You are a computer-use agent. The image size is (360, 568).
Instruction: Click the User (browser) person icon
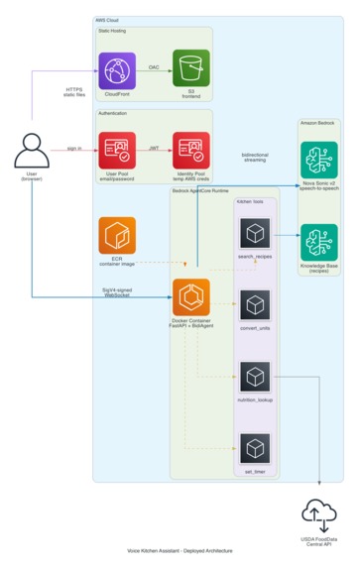point(32,152)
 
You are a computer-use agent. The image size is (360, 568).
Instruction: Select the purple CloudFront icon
point(117,68)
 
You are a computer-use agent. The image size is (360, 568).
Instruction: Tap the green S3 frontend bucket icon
point(190,68)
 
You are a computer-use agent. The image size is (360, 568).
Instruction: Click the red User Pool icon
point(117,150)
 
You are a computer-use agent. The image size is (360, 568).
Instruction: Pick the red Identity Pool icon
point(190,150)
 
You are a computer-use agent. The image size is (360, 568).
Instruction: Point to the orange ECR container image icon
point(117,236)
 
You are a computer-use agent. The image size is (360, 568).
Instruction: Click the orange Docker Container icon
point(190,297)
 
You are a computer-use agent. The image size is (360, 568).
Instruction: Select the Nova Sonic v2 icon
point(319,161)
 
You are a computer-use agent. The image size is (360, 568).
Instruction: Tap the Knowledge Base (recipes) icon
point(319,242)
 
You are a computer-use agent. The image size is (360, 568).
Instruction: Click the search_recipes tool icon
point(255,233)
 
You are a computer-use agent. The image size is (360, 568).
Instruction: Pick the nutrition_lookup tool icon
point(255,377)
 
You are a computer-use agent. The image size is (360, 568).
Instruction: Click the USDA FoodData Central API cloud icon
point(319,512)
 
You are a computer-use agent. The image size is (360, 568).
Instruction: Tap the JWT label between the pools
point(154,147)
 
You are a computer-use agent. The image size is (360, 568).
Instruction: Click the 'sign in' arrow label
point(74,147)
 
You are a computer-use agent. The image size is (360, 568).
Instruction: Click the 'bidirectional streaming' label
point(254,157)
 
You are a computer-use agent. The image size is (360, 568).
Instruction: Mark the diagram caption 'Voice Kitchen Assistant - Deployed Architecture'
point(180,550)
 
